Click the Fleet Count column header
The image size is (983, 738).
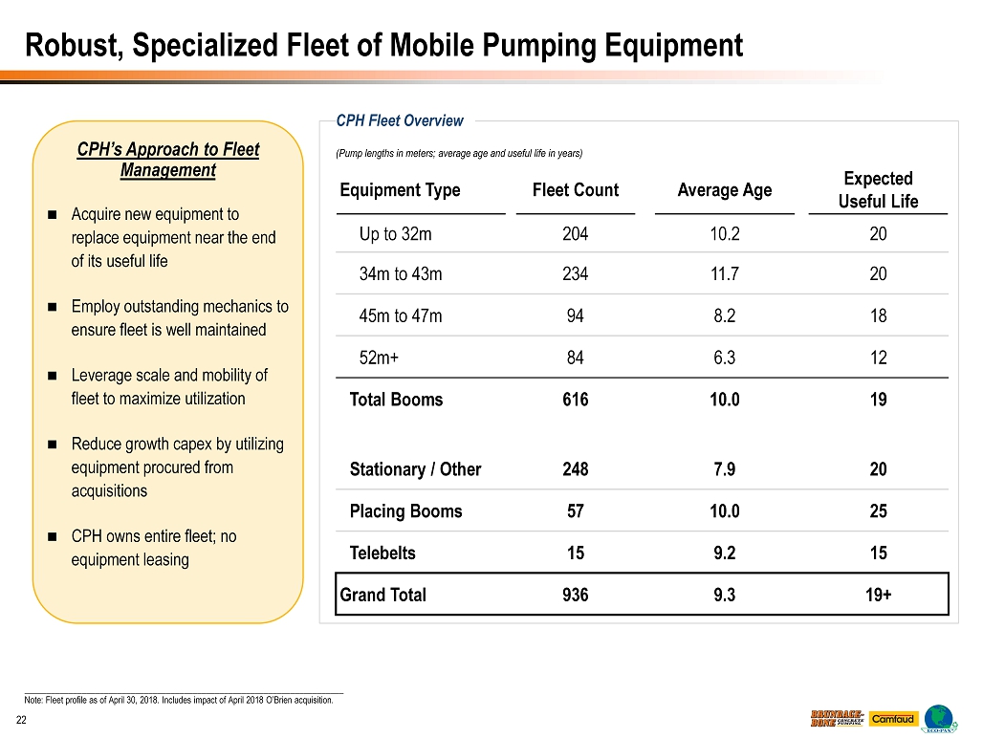(576, 190)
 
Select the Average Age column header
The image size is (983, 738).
(724, 190)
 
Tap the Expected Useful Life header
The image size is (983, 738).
(878, 190)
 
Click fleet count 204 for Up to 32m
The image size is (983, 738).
(576, 234)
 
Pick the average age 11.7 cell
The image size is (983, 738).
(724, 274)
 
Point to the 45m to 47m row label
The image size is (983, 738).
(401, 316)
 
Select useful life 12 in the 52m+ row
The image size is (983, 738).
(878, 358)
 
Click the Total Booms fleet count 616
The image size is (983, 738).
(576, 400)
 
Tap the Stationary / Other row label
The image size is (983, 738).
(415, 469)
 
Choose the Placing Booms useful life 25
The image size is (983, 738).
(878, 511)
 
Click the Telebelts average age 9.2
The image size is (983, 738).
(724, 553)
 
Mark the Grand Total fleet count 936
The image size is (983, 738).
(576, 595)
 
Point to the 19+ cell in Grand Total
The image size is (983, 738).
(878, 595)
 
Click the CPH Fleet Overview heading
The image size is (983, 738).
(400, 120)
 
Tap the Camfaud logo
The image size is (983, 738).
(892, 719)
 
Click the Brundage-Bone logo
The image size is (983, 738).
(838, 719)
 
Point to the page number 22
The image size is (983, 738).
(19, 719)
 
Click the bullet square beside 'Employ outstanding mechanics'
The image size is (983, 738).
(51, 307)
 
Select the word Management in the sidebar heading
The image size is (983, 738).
(167, 170)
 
